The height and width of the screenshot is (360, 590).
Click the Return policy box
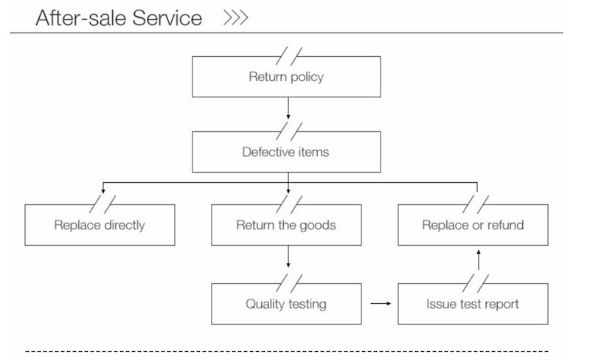287,77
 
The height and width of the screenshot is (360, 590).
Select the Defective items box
287,153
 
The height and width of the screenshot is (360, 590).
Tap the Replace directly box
100,225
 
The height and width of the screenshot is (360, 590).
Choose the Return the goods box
287,225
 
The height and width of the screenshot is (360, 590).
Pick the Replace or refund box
473,225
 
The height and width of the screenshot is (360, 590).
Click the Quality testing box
287,303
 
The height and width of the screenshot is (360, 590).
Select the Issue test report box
473,303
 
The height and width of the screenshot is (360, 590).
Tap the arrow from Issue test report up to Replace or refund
479,260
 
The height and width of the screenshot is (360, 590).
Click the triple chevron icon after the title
235,18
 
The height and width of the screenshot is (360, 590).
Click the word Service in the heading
167,18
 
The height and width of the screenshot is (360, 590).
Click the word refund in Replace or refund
505,225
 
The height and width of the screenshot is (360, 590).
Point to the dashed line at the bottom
287,351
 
